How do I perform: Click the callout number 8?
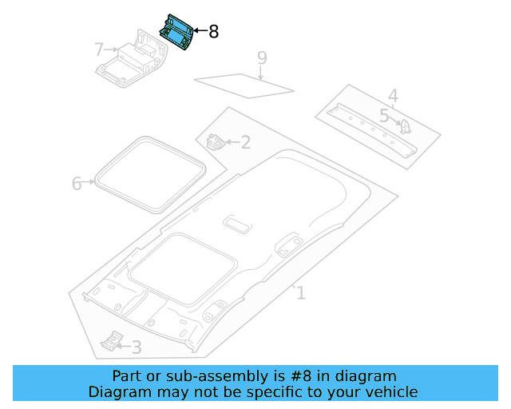coord(213,32)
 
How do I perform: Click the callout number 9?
coord(262,58)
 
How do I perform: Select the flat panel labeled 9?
coord(244,83)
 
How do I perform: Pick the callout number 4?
coord(393,97)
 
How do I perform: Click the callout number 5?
coord(384,117)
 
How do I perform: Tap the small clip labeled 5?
coord(405,126)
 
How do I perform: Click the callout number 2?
coord(245,143)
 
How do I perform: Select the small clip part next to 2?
coord(216,142)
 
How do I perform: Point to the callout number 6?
coord(77,184)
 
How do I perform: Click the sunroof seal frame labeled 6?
coord(149,176)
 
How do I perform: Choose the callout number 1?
coord(300,293)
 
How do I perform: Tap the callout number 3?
coord(137,347)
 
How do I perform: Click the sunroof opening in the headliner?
coord(184,264)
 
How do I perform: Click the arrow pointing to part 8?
coord(200,32)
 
